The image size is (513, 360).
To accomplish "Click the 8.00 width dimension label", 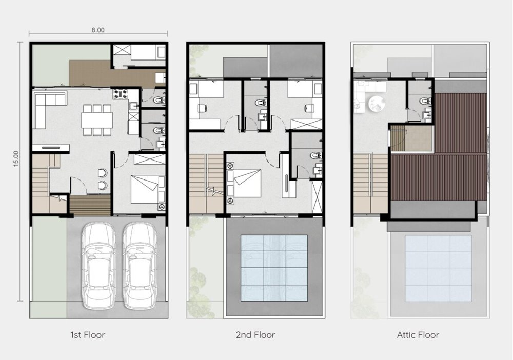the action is [98, 30].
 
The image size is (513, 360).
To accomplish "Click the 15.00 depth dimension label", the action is [16, 158].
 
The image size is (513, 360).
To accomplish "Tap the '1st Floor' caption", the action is [88, 335].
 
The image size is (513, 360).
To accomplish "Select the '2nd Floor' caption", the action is [255, 335].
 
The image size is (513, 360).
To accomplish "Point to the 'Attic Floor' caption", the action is [418, 335].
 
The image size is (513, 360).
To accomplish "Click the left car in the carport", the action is [98, 266].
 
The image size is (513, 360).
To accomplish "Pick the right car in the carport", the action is [140, 266].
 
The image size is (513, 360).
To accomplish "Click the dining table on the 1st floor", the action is [97, 120].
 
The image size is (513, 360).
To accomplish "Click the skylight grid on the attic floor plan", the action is [439, 268].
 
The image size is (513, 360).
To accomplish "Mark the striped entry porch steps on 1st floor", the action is [90, 205].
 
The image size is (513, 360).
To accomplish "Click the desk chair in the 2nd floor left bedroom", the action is [202, 108].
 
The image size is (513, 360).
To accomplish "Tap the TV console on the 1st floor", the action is [51, 148].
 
